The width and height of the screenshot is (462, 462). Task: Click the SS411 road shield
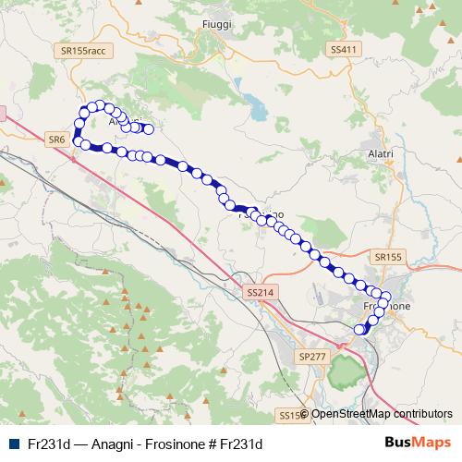click(x=342, y=49)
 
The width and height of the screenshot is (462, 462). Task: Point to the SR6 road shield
click(x=55, y=139)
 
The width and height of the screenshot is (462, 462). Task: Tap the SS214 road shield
click(x=261, y=292)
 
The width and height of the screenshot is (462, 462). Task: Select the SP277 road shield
click(x=313, y=355)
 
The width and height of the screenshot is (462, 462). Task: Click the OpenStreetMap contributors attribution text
click(x=383, y=414)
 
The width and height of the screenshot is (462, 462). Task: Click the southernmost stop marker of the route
click(x=360, y=328)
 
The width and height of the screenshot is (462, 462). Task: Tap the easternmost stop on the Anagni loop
click(x=147, y=128)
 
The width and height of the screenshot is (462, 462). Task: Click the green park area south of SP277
click(x=344, y=371)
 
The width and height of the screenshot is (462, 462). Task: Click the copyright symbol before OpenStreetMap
click(x=305, y=414)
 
